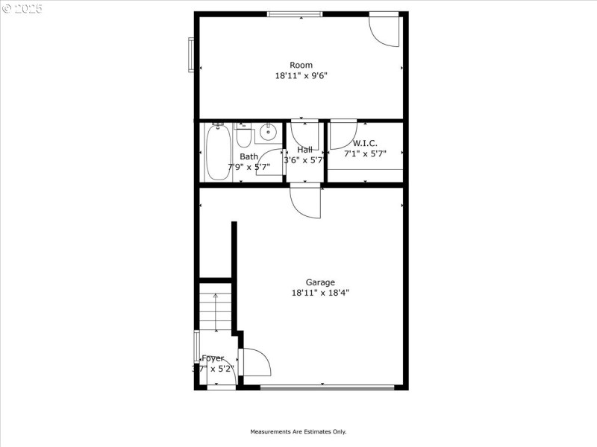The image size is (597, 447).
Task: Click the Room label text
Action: [x=301, y=65]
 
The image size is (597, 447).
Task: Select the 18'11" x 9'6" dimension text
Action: [x=301, y=75]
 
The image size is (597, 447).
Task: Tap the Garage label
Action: [x=320, y=282]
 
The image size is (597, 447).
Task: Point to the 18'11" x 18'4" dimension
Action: [x=320, y=293]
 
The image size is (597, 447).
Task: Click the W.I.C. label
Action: [x=365, y=143]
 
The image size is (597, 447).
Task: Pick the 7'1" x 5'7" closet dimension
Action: [x=365, y=153]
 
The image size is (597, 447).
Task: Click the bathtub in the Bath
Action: [x=218, y=153]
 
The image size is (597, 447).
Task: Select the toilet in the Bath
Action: [x=244, y=136]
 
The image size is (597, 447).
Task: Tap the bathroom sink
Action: [x=268, y=135]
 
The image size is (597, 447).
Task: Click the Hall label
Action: [x=304, y=150]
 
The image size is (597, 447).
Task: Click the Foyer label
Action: [x=213, y=358]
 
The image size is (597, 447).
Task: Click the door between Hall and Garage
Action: [x=306, y=201]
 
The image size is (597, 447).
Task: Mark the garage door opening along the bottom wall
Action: [x=327, y=387]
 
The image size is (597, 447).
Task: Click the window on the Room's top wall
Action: [x=295, y=13]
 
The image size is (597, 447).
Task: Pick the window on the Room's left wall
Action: [x=191, y=54]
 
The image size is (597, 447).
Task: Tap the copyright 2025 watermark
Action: [x=22, y=9]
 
